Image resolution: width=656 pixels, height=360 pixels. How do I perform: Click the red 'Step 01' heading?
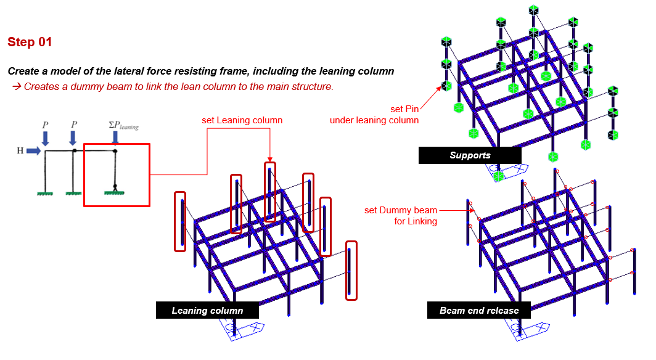pyautogui.click(x=30, y=42)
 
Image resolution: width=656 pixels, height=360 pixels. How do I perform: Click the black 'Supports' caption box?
pyautogui.click(x=470, y=155)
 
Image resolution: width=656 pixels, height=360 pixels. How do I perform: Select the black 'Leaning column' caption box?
pyautogui.click(x=207, y=310)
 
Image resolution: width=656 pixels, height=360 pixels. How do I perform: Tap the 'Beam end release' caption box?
pyautogui.click(x=479, y=310)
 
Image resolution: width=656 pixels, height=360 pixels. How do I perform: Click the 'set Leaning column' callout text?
pyautogui.click(x=242, y=120)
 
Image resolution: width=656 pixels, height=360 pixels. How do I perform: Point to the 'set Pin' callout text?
pyautogui.click(x=404, y=109)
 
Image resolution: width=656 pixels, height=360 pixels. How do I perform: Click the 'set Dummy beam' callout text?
pyautogui.click(x=401, y=210)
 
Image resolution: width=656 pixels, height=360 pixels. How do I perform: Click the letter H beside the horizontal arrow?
pyautogui.click(x=20, y=150)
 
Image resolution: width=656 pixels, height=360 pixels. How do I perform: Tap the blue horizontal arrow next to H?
pyautogui.click(x=34, y=150)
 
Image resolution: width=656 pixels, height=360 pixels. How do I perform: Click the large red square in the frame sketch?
pyautogui.click(x=117, y=175)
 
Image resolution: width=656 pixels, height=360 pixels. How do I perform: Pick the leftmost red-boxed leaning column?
pyautogui.click(x=180, y=221)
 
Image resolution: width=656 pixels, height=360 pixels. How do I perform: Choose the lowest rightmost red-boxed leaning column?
pyautogui.click(x=351, y=270)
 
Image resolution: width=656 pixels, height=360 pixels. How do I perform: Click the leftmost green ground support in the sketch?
pyautogui.click(x=43, y=193)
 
